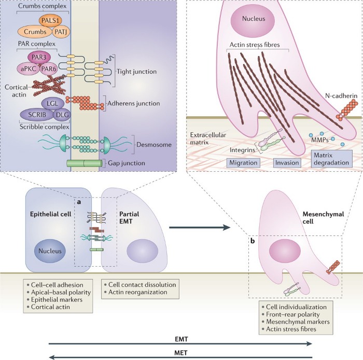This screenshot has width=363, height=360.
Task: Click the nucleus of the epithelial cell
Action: coord(50,251)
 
